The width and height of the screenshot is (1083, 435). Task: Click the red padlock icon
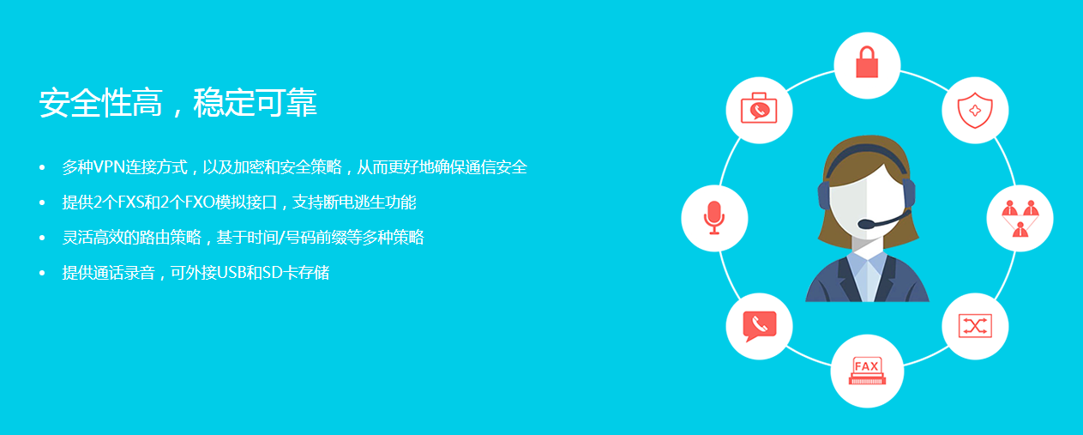tap(867, 62)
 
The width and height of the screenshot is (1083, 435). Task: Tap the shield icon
tap(975, 111)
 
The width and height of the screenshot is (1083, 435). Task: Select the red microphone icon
tap(714, 218)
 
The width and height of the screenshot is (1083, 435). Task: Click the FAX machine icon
tap(867, 372)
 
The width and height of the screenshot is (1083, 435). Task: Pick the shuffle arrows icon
tap(975, 326)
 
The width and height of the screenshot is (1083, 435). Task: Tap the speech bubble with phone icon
tap(760, 326)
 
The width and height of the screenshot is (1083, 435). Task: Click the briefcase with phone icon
tap(759, 108)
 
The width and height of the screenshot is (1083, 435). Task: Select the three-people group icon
tap(1020, 218)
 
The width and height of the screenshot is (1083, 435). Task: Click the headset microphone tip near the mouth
tap(865, 224)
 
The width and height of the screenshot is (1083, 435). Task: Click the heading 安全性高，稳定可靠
tap(177, 103)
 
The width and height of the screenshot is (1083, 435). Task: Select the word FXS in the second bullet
tap(131, 202)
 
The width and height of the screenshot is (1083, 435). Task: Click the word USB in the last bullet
tap(232, 273)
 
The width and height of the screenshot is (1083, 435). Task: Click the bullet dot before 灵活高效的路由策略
tap(42, 238)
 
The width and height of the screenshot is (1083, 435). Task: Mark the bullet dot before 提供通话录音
tap(42, 273)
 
